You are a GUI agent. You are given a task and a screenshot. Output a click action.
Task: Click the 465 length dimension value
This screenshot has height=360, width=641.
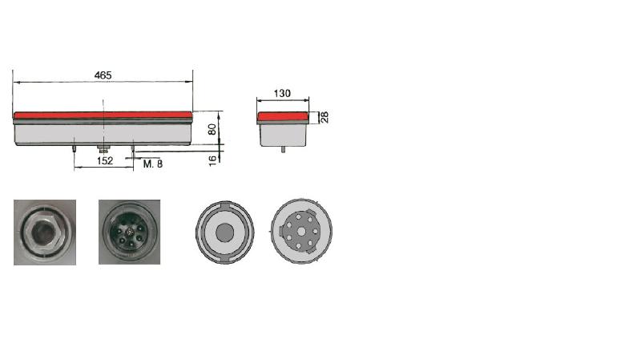point(103,75)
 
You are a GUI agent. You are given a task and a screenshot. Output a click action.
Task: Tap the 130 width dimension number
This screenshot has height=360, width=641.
point(282,94)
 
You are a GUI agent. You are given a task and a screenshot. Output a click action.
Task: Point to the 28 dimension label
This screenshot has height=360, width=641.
point(325,117)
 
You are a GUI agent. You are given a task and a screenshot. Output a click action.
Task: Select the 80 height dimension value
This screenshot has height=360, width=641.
point(212,129)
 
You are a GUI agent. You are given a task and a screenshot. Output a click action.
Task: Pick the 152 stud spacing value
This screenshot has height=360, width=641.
point(105,161)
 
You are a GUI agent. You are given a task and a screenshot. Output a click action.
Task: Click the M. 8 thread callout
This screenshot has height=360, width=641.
point(153,164)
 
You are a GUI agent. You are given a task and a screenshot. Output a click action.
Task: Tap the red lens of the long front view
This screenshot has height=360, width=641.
point(103,115)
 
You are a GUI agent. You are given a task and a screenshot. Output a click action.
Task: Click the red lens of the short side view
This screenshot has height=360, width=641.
point(283,116)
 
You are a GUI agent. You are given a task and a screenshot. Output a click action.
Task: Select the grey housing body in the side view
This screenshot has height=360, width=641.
point(283,135)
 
